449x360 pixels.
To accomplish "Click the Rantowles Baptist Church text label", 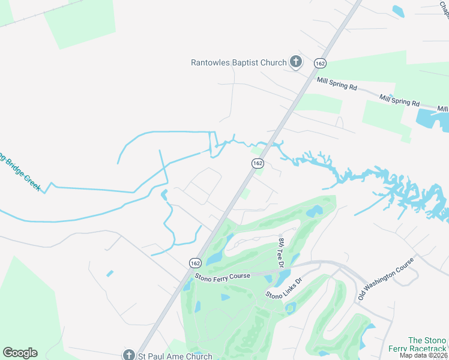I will point(239,62).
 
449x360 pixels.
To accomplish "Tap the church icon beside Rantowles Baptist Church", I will point(295,61).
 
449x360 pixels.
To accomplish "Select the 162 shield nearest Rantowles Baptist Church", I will point(319,64).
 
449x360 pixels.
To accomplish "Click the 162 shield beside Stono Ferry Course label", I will point(195,263).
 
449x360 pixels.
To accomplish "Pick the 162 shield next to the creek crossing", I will point(258,163).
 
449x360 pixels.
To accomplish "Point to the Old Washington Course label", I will point(386,279).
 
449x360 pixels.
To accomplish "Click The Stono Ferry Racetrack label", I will point(427,344).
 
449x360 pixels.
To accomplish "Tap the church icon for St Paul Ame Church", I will point(127,355).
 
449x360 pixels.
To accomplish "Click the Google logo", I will point(20,353).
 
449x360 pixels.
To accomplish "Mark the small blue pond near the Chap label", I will point(397,11).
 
